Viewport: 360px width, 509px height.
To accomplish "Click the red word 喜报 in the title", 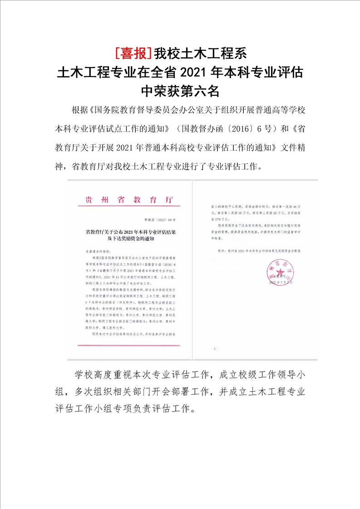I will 133,53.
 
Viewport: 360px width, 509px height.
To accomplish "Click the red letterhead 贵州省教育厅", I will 129,200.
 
